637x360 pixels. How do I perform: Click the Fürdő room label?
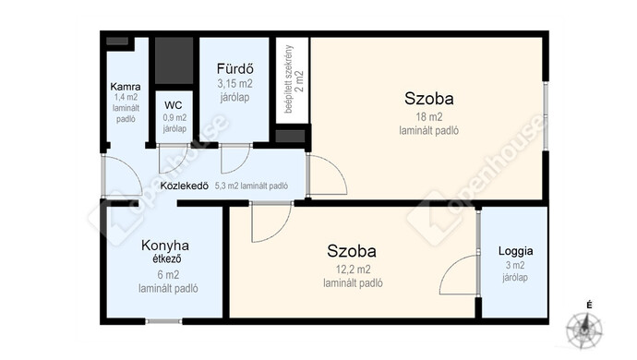point(234,68)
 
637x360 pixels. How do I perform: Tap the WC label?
point(173,105)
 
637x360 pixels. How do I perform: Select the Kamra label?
point(126,87)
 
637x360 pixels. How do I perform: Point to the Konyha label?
point(165,246)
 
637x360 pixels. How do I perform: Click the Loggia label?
point(515,251)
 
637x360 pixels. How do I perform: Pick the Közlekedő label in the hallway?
point(185,186)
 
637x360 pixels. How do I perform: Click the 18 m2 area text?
point(429,117)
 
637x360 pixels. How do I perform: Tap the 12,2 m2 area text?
point(353,270)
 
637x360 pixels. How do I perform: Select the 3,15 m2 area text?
point(234,84)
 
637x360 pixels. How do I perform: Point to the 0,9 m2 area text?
point(174,118)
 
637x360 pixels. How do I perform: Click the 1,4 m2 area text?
point(126,98)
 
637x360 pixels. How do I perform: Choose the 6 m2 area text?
point(168,275)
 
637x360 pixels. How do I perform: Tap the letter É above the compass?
point(589,306)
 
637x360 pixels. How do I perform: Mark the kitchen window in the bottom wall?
point(163,321)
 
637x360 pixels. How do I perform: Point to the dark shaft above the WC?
point(174,61)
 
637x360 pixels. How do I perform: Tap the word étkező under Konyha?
point(167,258)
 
